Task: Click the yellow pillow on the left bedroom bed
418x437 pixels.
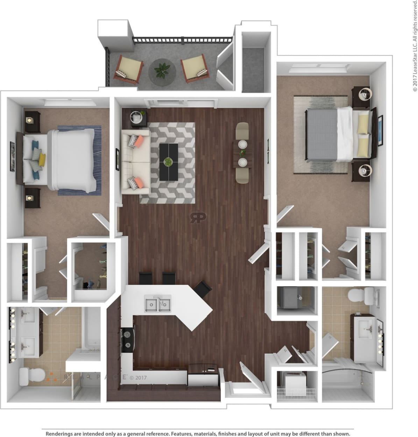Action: point(42,160)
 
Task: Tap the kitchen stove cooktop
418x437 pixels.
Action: point(127,340)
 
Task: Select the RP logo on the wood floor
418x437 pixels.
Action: point(198,218)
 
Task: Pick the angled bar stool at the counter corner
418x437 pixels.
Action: point(203,289)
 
